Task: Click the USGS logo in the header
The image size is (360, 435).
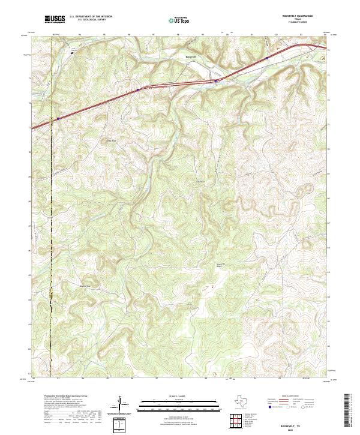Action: click(53, 19)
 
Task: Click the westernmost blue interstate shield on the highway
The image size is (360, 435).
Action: click(58, 118)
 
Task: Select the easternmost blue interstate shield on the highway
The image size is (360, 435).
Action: click(266, 58)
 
